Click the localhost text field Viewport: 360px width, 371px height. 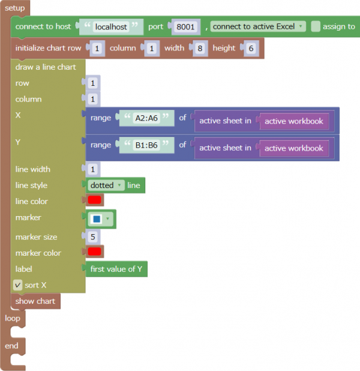[111, 27]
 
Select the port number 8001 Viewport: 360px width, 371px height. [185, 27]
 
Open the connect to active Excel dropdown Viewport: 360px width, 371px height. [258, 26]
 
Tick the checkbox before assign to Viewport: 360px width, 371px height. [316, 26]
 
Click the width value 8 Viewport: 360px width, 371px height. [200, 48]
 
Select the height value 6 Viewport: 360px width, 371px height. [251, 48]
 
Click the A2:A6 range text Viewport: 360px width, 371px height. [146, 118]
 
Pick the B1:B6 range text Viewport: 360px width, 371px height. [146, 145]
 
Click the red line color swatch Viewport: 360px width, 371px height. [94, 200]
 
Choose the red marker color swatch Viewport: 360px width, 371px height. [94, 252]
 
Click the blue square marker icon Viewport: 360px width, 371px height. [97, 219]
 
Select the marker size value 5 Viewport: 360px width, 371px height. [93, 237]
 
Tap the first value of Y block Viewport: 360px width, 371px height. [116, 269]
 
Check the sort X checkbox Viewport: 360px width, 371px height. [18, 285]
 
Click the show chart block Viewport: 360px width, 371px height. [35, 301]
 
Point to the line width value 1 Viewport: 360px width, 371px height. [93, 169]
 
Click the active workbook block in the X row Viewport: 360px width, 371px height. [294, 121]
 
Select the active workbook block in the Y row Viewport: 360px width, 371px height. [294, 148]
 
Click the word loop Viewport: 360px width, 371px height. [13, 318]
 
